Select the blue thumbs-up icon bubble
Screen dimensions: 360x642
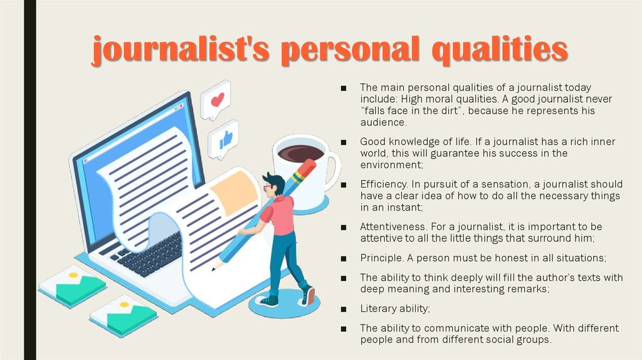click(x=225, y=139)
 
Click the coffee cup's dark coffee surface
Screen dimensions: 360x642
click(x=301, y=152)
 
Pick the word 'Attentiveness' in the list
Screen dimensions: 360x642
click(x=389, y=226)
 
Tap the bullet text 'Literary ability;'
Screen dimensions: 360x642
click(x=395, y=309)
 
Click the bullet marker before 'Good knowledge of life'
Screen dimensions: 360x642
click(x=344, y=142)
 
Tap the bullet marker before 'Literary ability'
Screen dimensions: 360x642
click(x=344, y=309)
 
